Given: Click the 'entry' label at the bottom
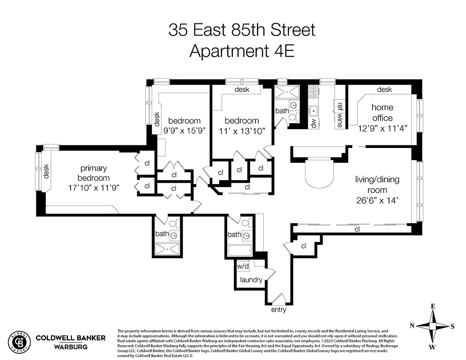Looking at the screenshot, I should click(x=278, y=310).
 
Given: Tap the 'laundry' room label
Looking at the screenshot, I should click(x=251, y=280).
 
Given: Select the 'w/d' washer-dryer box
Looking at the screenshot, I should click(x=242, y=266).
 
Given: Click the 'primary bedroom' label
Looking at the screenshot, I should click(x=94, y=173).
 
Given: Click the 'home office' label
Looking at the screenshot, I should click(x=382, y=112).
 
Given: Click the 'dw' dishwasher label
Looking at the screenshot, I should click(x=314, y=122).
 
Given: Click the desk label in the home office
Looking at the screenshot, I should click(x=384, y=90).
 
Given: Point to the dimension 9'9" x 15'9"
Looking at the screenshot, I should click(x=184, y=131).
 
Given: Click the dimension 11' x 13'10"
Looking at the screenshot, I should click(x=242, y=131).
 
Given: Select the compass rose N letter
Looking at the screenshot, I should click(x=412, y=326).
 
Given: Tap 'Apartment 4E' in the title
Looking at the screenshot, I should click(x=242, y=50).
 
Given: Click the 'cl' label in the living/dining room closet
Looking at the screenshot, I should click(x=357, y=229).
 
